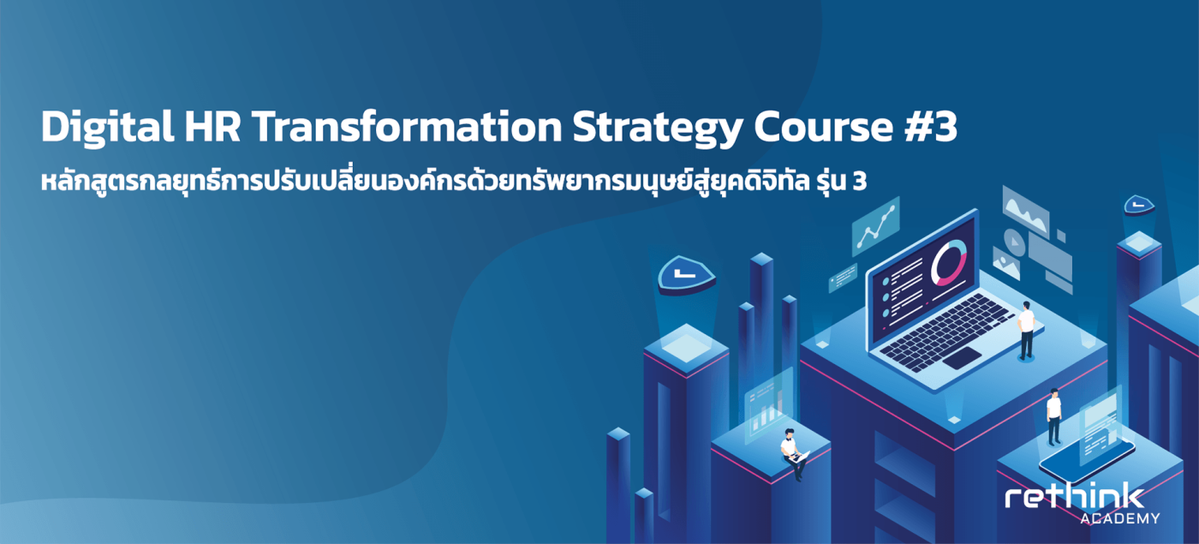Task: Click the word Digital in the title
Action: click(108, 128)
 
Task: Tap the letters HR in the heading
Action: click(212, 127)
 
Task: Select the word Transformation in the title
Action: click(407, 127)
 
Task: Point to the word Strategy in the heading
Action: click(658, 129)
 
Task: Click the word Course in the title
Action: click(824, 128)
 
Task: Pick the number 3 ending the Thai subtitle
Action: click(860, 182)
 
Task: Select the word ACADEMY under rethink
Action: click(1120, 518)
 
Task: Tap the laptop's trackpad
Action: click(962, 357)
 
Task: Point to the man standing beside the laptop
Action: click(1026, 331)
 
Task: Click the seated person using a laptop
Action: click(793, 455)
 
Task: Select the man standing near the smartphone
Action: click(1054, 416)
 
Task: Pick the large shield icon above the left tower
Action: click(687, 274)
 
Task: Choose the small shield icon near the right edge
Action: click(1138, 205)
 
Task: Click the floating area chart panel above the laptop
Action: click(1025, 212)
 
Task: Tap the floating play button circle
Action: click(1014, 242)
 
